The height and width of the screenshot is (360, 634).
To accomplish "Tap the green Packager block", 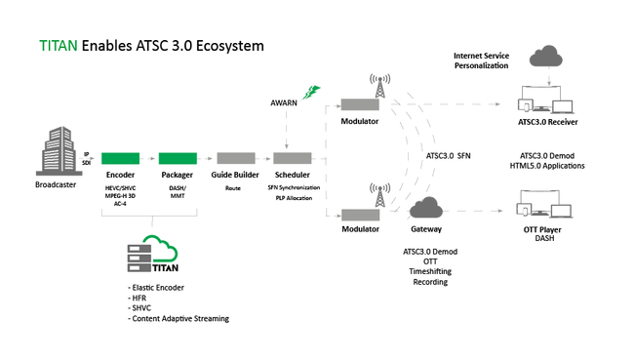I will coord(178,158).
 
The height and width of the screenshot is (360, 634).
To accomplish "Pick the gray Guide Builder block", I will coord(235,158).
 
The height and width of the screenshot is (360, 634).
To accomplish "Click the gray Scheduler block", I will coord(293,158).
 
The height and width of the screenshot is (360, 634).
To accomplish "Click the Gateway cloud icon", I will coord(427,207).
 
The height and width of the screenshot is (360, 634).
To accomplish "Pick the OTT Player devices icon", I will coord(538,208).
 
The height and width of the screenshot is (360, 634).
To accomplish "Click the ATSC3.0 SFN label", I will coord(448,154).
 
